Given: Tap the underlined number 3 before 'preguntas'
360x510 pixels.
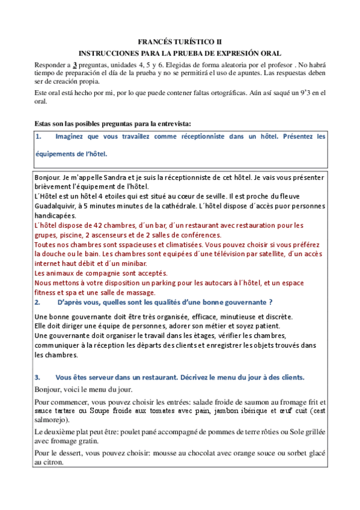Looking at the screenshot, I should (x=75, y=64).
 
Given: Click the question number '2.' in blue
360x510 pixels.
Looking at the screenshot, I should (x=38, y=302).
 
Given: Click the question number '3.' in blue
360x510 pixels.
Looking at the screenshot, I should (x=38, y=377).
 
